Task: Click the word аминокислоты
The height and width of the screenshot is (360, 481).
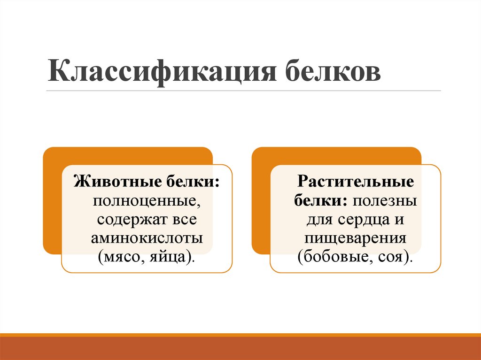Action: click(147, 237)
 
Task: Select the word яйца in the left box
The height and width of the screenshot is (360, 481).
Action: click(172, 257)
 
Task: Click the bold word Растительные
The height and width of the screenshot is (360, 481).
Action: click(355, 182)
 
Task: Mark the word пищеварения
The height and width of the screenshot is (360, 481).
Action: click(355, 238)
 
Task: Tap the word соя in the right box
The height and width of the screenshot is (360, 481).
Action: click(393, 257)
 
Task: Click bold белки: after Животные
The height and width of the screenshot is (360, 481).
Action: click(193, 182)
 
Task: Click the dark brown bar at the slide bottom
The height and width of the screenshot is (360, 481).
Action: click(240, 348)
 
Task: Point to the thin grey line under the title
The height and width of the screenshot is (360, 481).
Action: click(244, 91)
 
